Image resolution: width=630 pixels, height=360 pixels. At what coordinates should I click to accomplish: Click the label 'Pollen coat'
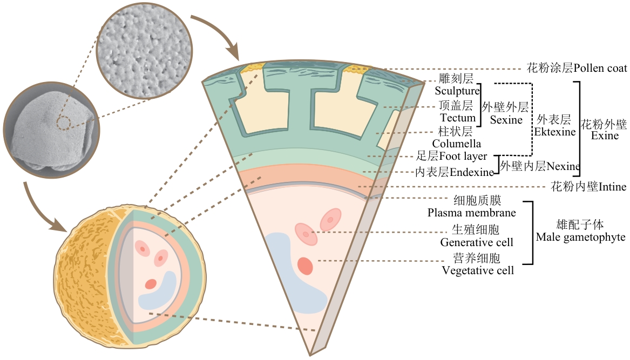(x=600, y=69)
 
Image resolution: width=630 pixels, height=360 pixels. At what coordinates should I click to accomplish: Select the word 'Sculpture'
(x=457, y=91)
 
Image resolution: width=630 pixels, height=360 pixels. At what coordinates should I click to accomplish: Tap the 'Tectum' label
(x=458, y=118)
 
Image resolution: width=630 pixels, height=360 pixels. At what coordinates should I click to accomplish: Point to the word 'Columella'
(x=456, y=144)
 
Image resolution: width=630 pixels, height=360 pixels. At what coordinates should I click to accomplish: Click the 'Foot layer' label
(x=463, y=156)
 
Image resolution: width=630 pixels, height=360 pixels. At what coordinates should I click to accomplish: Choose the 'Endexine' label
(x=472, y=172)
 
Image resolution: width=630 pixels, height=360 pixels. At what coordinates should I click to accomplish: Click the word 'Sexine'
(x=506, y=120)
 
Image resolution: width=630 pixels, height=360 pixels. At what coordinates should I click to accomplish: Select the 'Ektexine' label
(x=555, y=132)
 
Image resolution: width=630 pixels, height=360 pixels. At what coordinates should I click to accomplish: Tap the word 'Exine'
(x=605, y=136)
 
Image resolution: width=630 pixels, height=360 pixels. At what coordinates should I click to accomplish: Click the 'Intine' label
(x=612, y=187)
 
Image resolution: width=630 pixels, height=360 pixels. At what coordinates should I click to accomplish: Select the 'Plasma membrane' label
(x=472, y=213)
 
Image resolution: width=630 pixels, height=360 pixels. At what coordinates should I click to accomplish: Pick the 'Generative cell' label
(x=477, y=242)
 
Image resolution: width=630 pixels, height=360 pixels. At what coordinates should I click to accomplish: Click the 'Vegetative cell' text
(x=478, y=270)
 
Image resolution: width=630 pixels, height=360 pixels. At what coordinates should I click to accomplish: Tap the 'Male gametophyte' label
(x=580, y=237)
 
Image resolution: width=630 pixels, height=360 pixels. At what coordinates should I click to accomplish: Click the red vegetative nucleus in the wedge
(x=306, y=266)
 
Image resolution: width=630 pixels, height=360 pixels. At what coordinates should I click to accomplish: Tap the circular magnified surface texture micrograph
(x=145, y=51)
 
